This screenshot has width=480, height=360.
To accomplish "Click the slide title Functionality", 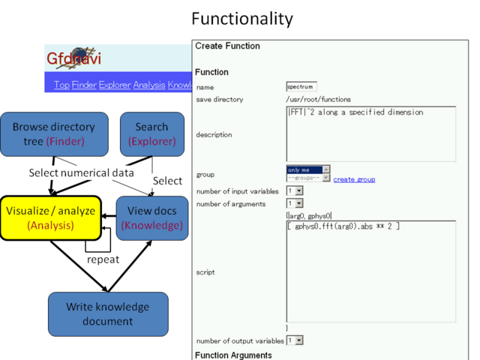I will tap(241, 18).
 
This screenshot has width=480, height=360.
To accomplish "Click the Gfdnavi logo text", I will tap(73, 58).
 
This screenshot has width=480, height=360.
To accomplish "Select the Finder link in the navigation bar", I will tap(84, 85).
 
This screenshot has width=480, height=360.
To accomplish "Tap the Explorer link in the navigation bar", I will tap(115, 85).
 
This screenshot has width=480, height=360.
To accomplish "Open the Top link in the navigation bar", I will tap(61, 85).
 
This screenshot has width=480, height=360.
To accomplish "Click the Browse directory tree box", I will tap(53, 134).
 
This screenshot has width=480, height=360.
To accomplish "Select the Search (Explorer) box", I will tap(151, 134).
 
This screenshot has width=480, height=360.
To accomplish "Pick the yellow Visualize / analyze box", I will tap(51, 217).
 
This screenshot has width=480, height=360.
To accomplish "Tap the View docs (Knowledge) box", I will tap(151, 217).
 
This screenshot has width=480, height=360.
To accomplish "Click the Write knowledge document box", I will tap(107, 314).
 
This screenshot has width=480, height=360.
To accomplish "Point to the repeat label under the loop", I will tap(103, 259).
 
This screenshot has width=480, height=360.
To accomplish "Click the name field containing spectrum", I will tap(301, 87).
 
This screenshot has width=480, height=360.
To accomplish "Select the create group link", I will tap(354, 179).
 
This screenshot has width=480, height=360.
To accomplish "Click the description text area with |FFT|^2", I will tap(370, 133).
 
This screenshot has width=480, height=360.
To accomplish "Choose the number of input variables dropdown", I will tap(294, 191).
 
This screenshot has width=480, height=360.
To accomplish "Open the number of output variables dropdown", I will tap(294, 340).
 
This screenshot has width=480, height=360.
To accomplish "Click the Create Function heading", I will tap(227, 46).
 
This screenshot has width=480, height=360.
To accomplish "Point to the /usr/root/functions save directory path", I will tap(318, 99).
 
